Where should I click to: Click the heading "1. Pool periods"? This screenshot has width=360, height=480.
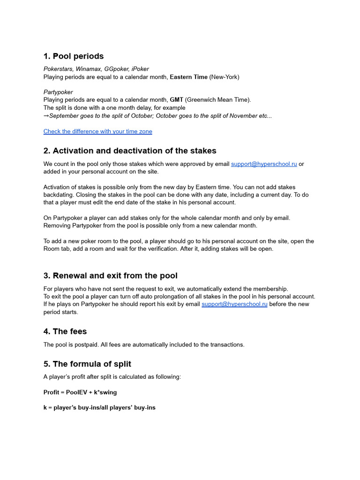coord(74,56)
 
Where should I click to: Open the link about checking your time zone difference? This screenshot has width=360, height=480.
coord(97,132)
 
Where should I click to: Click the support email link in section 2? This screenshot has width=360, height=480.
coord(264,164)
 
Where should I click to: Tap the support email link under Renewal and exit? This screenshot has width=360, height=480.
coord(234,304)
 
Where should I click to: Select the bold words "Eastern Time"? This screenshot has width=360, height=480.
coord(188,77)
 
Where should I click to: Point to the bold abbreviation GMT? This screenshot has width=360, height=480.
coord(176,100)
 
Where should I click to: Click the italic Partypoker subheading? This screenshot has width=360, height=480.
coord(58,92)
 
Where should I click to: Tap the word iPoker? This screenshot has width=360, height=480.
coord(140,69)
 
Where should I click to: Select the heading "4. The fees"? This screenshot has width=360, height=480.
coord(65,332)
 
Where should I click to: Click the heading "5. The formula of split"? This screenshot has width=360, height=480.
coord(87,364)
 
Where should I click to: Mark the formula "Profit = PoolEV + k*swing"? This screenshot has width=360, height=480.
coord(80,392)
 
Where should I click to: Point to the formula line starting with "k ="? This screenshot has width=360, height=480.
coord(99,408)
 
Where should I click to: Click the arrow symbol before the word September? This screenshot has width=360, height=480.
coord(46,116)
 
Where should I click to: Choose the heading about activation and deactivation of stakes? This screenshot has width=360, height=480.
coord(130,151)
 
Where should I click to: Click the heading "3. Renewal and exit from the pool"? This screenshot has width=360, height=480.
coord(111,276)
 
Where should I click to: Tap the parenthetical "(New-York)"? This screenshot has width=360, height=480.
coord(224,77)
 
